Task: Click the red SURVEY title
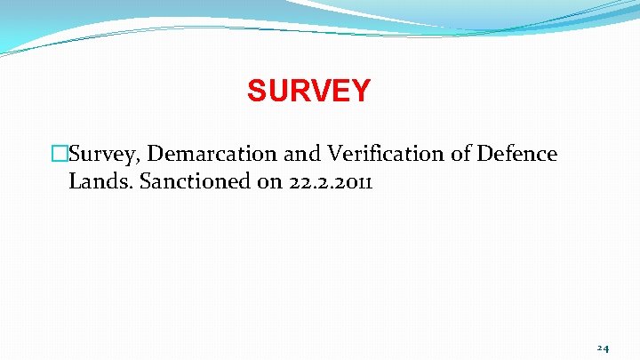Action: (308, 91)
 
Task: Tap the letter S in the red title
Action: (257, 91)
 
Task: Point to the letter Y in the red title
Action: (360, 91)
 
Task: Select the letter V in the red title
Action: (319, 91)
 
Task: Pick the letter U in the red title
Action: (276, 91)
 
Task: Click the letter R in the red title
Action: (298, 91)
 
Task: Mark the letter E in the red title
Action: (340, 91)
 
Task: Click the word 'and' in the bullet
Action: (302, 155)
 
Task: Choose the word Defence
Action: (518, 155)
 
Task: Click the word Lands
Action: (96, 182)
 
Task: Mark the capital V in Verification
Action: (335, 155)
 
